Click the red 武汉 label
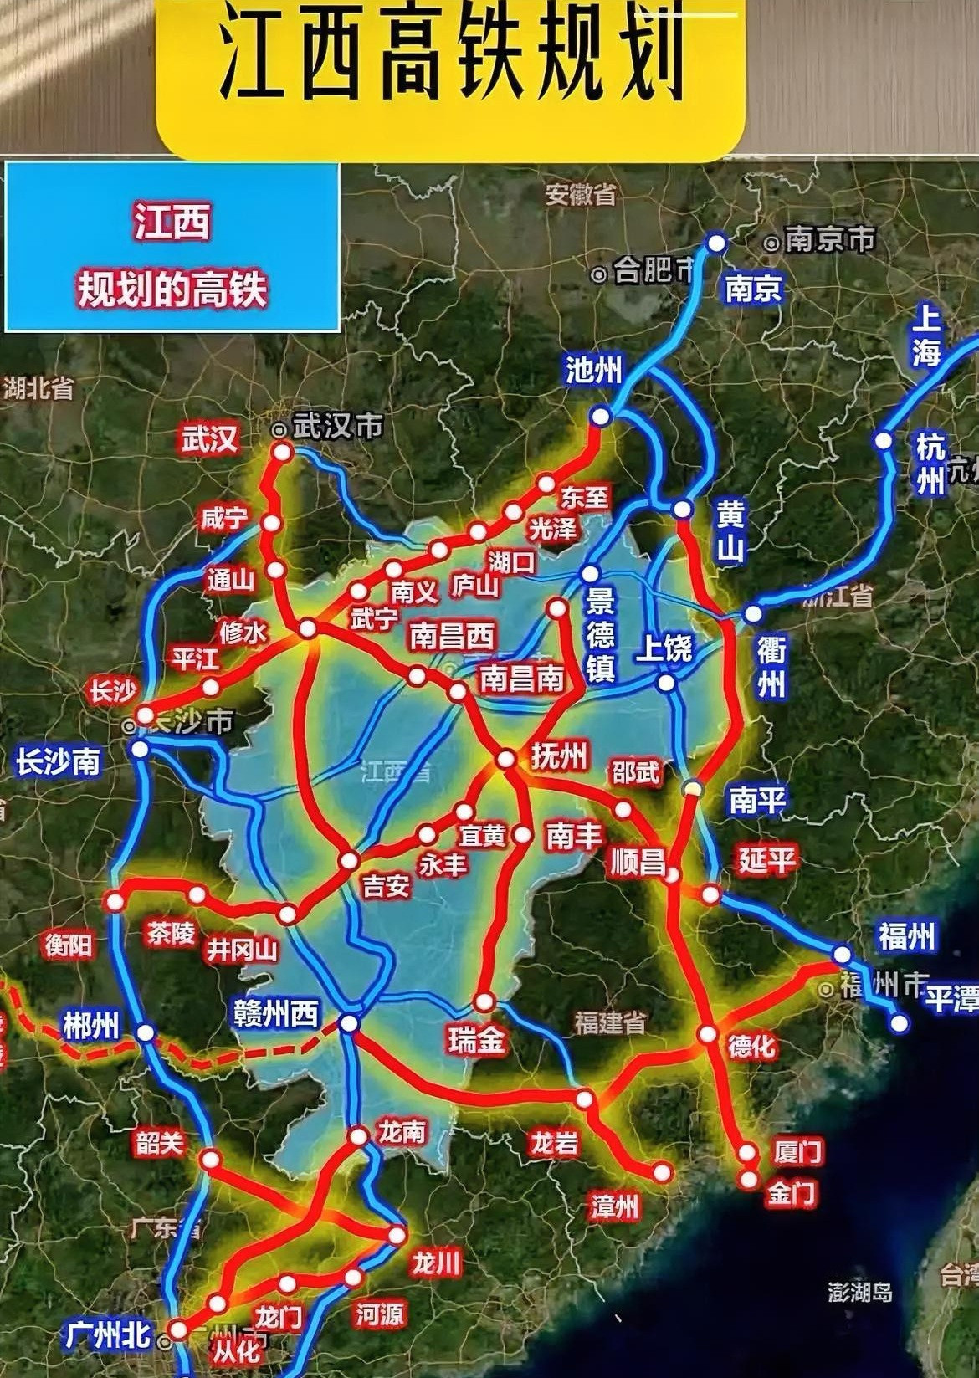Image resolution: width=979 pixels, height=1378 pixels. pyautogui.click(x=211, y=438)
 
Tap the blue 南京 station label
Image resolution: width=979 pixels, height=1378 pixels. pyautogui.click(x=753, y=289)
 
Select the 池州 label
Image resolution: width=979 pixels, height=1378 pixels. pyautogui.click(x=593, y=369)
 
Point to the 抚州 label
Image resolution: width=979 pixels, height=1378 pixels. pyautogui.click(x=559, y=756)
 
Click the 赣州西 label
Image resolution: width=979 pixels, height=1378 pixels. pyautogui.click(x=276, y=1014)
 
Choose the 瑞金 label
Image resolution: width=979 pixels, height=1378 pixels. pyautogui.click(x=476, y=1039)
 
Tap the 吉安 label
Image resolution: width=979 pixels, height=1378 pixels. pyautogui.click(x=386, y=885)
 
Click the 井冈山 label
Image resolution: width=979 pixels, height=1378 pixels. pyautogui.click(x=242, y=950)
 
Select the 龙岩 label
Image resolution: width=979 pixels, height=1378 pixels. pyautogui.click(x=554, y=1143)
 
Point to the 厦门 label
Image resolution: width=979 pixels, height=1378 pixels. pyautogui.click(x=798, y=1151)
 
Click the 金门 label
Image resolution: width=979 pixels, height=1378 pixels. pyautogui.click(x=791, y=1193)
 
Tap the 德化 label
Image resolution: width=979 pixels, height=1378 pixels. pyautogui.click(x=751, y=1046)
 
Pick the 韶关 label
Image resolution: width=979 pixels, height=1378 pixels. pyautogui.click(x=159, y=1143)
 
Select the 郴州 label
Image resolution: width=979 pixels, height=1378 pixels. pyautogui.click(x=91, y=1025)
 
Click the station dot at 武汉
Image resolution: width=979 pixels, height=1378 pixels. pyautogui.click(x=282, y=453)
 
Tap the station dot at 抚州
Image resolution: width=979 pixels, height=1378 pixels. pyautogui.click(x=505, y=760)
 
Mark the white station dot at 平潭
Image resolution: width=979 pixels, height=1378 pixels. pyautogui.click(x=900, y=1022)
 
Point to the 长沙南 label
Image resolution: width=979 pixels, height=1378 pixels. pyautogui.click(x=58, y=762)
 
